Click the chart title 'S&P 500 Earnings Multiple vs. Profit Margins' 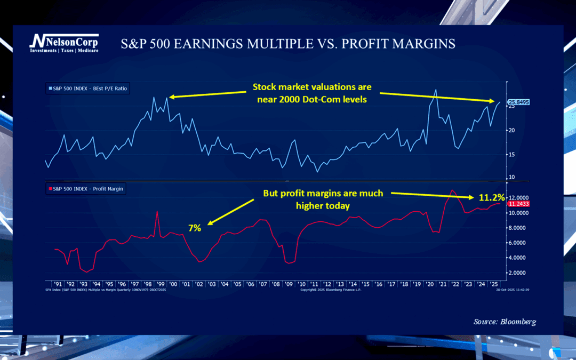[x=288, y=44]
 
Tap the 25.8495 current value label [x=518, y=102]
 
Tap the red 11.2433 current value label [x=518, y=204]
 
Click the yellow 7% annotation [x=194, y=228]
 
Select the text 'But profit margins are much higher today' [x=323, y=198]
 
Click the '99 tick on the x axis [x=159, y=284]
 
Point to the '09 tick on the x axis [x=289, y=284]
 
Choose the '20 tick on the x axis [x=430, y=284]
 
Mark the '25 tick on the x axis [x=494, y=284]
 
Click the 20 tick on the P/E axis [x=511, y=130]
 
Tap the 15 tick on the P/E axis [x=511, y=155]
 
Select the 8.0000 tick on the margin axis [x=518, y=228]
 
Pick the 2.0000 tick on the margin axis [x=518, y=273]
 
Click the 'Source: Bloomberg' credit [x=505, y=322]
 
